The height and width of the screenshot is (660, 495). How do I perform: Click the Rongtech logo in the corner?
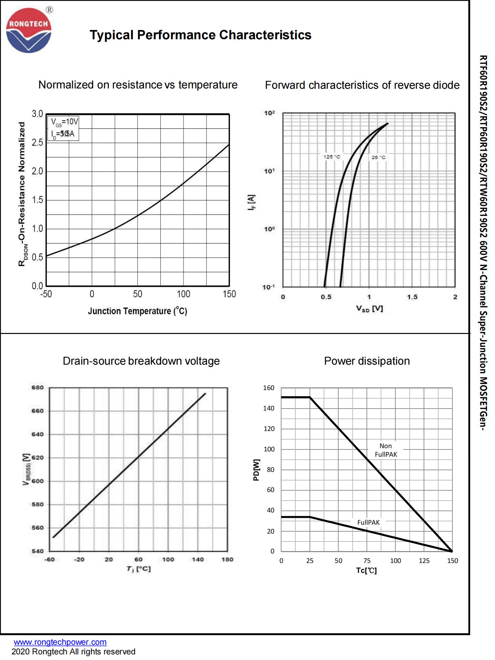29,30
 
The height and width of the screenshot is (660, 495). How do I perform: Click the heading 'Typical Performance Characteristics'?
200,35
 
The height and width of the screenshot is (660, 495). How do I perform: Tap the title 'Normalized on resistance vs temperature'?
138,85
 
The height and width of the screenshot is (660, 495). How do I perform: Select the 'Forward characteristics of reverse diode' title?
362,85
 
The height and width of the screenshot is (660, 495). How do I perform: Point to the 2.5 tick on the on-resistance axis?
37,143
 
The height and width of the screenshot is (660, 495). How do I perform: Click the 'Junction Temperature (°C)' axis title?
137,311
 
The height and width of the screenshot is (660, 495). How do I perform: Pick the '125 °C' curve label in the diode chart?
332,157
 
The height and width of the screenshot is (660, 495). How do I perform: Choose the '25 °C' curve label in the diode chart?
378,157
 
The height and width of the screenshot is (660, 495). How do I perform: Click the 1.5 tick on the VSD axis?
412,297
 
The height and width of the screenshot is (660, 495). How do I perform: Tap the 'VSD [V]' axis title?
369,309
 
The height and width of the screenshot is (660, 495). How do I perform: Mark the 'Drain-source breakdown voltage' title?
141,361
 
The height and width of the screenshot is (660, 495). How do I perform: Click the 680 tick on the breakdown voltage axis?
37,387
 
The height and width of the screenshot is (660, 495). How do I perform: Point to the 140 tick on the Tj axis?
198,559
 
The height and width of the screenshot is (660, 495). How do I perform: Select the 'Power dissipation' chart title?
367,361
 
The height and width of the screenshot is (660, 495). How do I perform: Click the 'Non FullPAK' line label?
386,450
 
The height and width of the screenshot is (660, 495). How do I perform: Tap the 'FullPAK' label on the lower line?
368,522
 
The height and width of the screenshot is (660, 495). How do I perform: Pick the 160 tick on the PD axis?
269,388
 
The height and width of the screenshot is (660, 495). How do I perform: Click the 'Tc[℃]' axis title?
366,571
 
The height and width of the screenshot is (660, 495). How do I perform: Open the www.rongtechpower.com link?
60,642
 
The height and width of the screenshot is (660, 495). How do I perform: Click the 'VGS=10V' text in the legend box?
64,122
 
